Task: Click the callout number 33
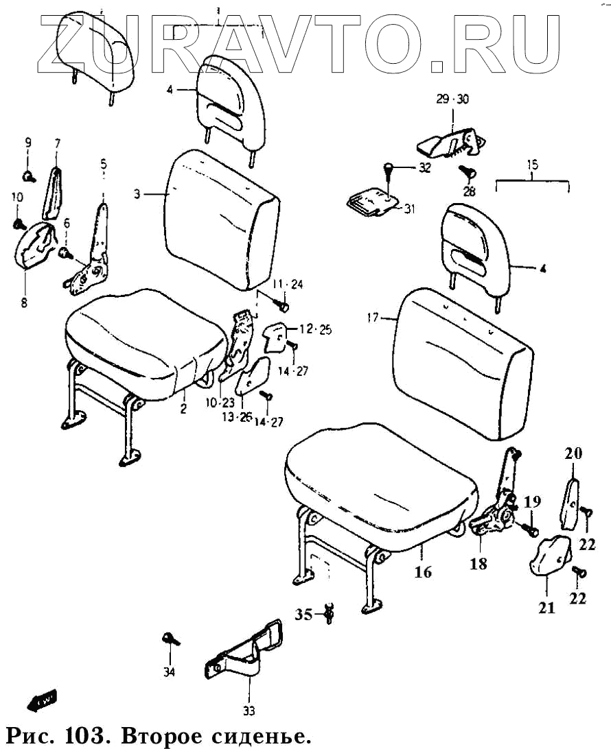point(249,711)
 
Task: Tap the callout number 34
point(170,671)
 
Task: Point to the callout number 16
point(424,571)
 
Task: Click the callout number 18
point(478,564)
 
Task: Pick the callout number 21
point(546,607)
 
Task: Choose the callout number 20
point(573,453)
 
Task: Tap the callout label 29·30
point(452,99)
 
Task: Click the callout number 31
point(409,209)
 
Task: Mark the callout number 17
point(372,318)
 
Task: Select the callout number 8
point(24,302)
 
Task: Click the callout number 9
point(28,143)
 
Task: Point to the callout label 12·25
point(315,330)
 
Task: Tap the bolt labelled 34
point(170,640)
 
